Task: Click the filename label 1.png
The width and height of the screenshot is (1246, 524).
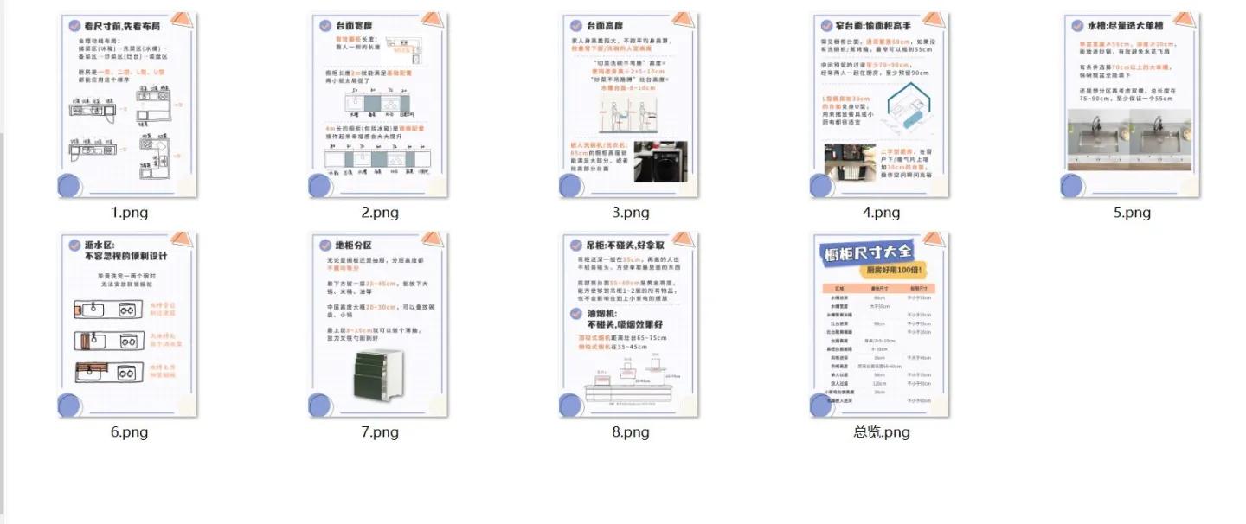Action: pyautogui.click(x=128, y=213)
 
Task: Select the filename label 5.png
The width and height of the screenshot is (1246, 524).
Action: pyautogui.click(x=1131, y=213)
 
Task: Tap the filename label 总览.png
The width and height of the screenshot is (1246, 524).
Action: pyautogui.click(x=881, y=431)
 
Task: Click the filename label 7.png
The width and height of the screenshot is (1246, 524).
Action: pyautogui.click(x=379, y=431)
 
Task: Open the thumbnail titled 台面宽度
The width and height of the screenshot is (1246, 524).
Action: pyautogui.click(x=379, y=104)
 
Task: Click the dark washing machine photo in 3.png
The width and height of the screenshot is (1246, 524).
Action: pyautogui.click(x=659, y=162)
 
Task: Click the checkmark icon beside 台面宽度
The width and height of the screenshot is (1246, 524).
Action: pyautogui.click(x=324, y=26)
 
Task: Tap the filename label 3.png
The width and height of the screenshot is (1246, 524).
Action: pyautogui.click(x=630, y=213)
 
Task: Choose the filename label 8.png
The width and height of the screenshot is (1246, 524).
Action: pyautogui.click(x=630, y=431)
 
